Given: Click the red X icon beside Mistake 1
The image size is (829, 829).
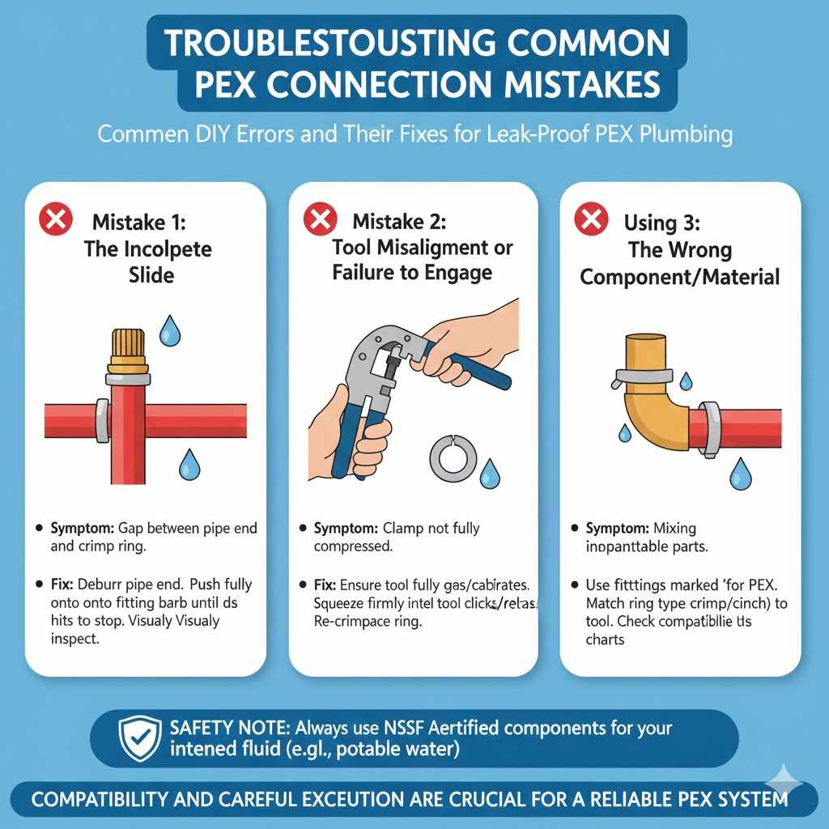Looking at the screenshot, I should (x=56, y=221).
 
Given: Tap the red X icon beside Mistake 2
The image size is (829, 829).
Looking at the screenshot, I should (x=320, y=221).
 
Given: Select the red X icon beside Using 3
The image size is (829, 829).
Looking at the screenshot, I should (x=591, y=221).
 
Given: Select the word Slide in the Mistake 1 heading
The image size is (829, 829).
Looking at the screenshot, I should (x=151, y=275).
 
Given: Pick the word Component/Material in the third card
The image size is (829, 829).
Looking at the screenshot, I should (x=680, y=277).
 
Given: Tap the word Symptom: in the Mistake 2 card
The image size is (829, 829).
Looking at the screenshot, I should (x=344, y=529).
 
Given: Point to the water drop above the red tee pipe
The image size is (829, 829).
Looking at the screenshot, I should (x=170, y=330).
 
